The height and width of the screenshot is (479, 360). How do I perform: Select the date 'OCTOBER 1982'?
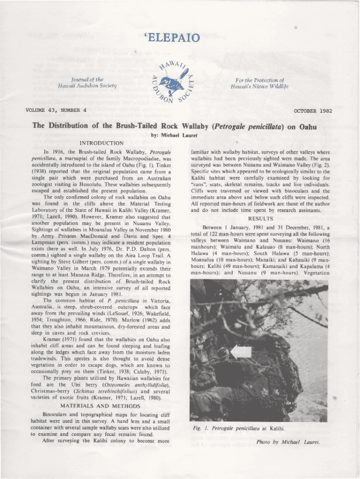[313, 111]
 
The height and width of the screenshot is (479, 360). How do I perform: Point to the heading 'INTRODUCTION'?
[101, 143]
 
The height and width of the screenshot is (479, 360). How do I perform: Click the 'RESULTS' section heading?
[260, 218]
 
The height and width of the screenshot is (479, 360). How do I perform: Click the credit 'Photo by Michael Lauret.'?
[287, 442]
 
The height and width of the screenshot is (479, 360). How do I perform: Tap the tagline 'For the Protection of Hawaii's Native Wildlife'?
[259, 83]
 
